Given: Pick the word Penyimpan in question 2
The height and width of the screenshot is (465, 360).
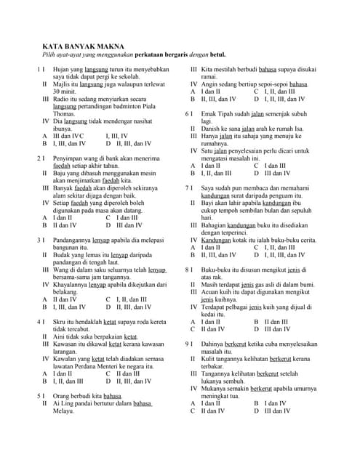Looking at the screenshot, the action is pyautogui.click(x=68, y=157).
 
